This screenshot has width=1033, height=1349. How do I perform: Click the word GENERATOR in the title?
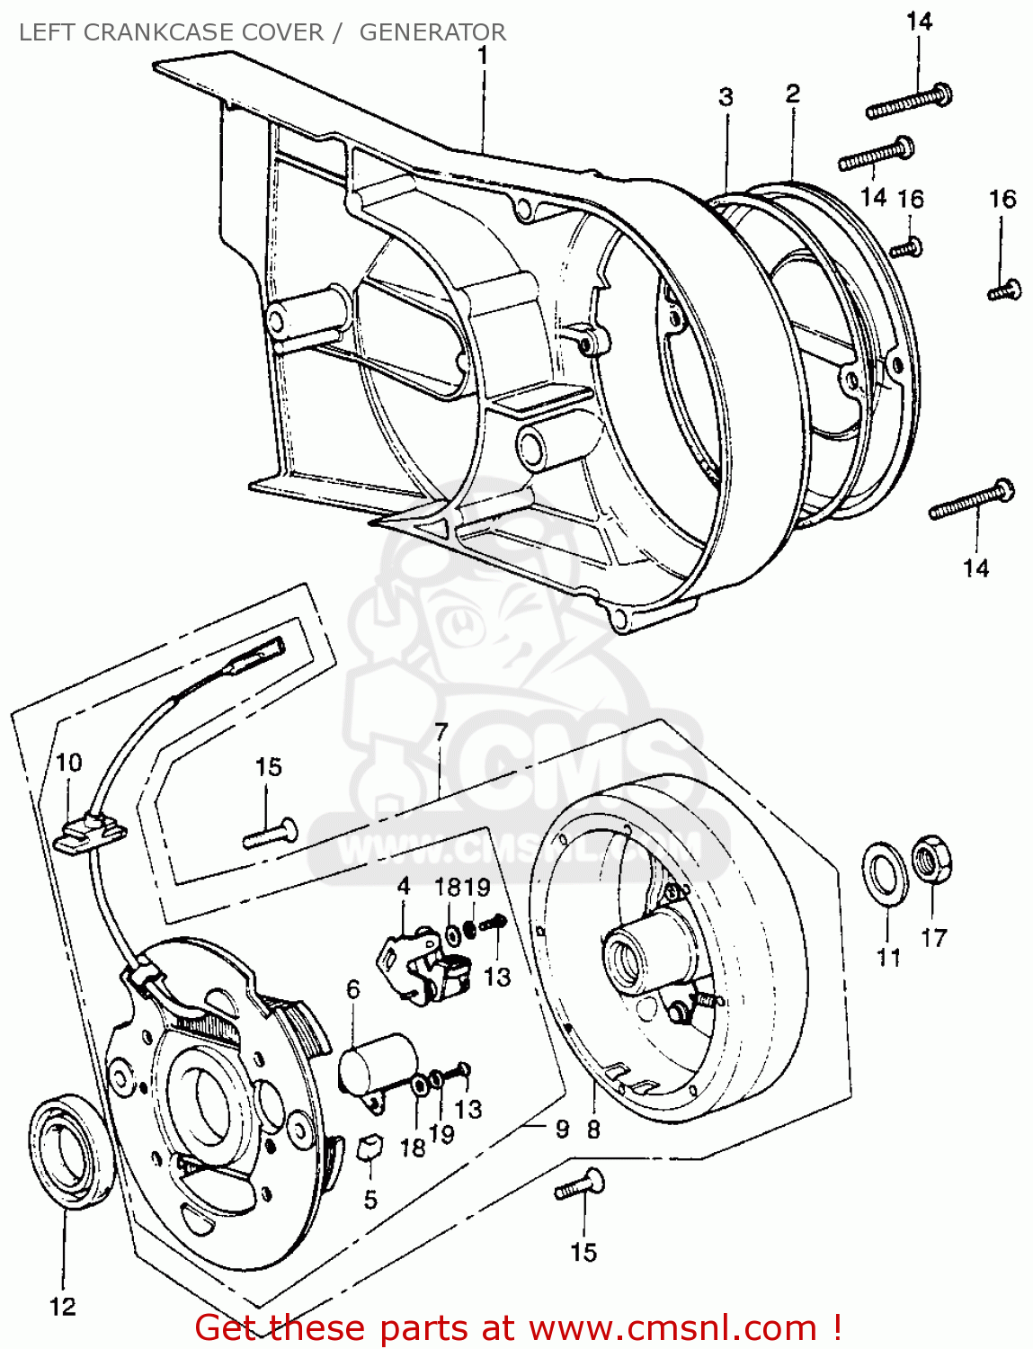tap(432, 32)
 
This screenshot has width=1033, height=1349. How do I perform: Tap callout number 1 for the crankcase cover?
tap(483, 56)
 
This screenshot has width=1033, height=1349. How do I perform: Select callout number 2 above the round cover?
tap(792, 94)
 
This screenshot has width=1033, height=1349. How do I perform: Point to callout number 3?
tap(726, 97)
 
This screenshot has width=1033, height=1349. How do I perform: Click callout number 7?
tap(441, 732)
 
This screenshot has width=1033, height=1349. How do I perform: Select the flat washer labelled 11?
tap(885, 870)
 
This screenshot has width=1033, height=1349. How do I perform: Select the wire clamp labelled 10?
tap(90, 831)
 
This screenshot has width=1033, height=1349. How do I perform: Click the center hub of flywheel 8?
tap(625, 957)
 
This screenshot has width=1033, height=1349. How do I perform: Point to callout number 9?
tap(562, 1128)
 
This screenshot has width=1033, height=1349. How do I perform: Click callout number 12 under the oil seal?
tap(62, 1307)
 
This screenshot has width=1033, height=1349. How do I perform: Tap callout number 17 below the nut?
tap(933, 938)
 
